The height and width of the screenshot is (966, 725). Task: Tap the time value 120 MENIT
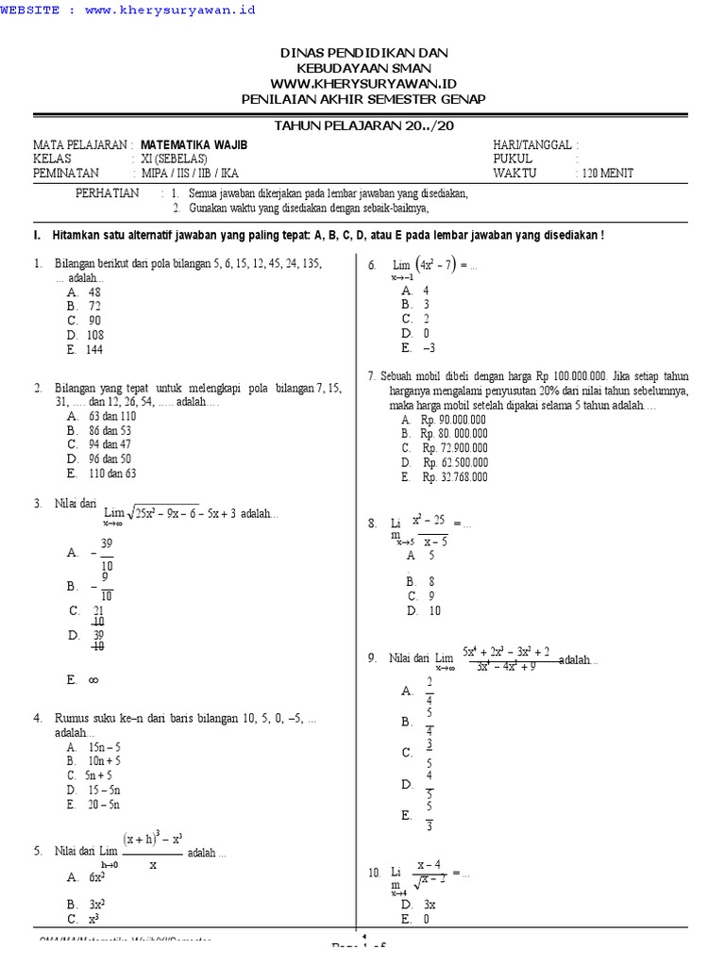pyautogui.click(x=604, y=173)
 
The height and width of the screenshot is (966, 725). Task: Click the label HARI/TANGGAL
pyautogui.click(x=532, y=144)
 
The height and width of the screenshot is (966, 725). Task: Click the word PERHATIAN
pyautogui.click(x=107, y=192)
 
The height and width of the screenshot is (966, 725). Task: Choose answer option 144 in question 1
pyautogui.click(x=95, y=349)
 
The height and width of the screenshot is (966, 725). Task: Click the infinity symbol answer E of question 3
pyautogui.click(x=93, y=678)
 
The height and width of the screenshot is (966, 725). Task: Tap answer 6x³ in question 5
pyautogui.click(x=96, y=876)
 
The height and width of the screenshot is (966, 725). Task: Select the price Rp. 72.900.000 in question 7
pyautogui.click(x=455, y=448)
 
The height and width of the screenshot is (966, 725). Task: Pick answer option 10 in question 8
pyautogui.click(x=434, y=610)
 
